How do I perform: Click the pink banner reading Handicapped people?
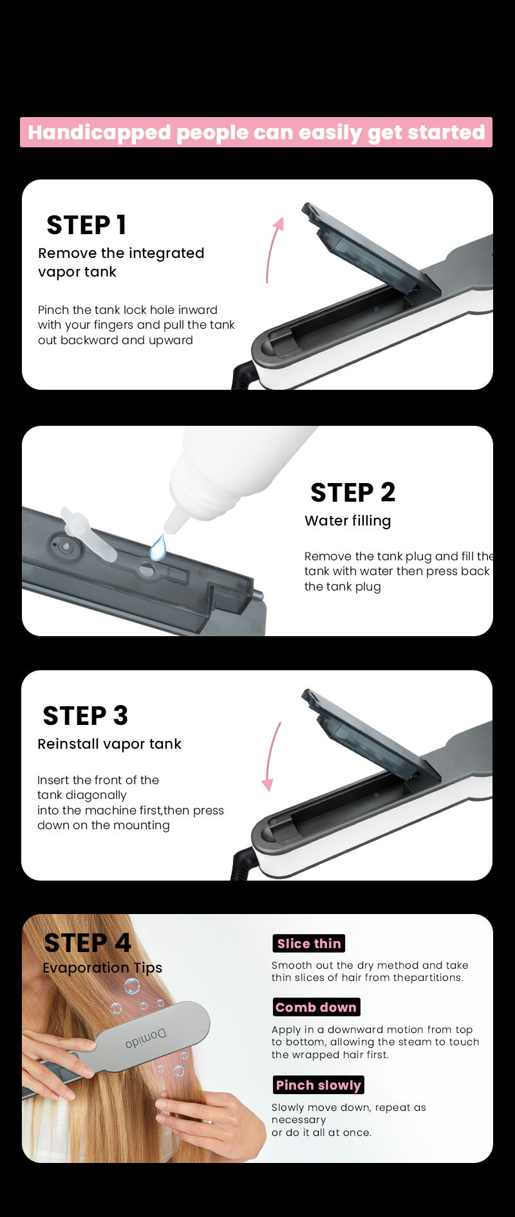(256, 132)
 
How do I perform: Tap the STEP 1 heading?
(86, 225)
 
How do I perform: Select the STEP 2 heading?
(353, 493)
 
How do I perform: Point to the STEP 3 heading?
(85, 716)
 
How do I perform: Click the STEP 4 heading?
(88, 943)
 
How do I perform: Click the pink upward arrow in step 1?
(273, 250)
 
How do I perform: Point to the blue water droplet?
(158, 547)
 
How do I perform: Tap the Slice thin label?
(309, 944)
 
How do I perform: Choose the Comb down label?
(316, 1007)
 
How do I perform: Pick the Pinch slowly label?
(319, 1085)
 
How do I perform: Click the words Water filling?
(348, 521)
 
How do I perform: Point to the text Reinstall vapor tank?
(109, 744)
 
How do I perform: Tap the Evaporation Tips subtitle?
(102, 968)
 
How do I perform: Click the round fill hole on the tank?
(147, 570)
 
